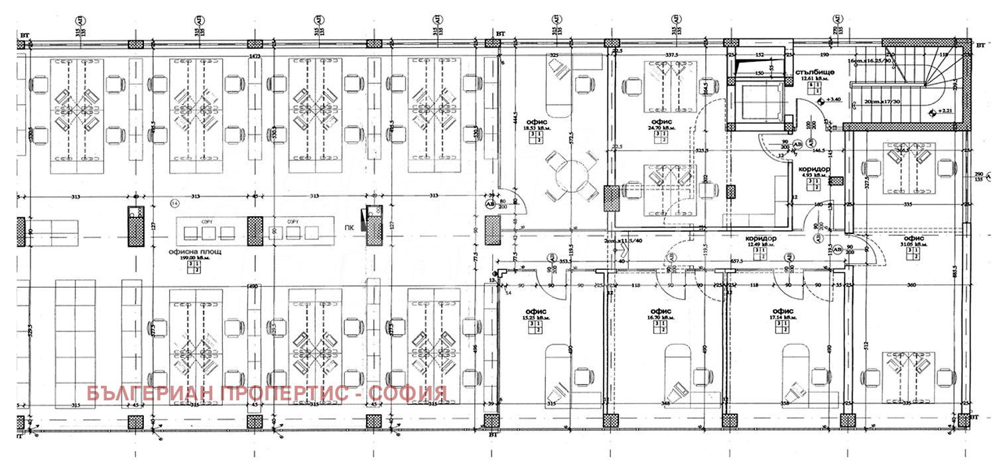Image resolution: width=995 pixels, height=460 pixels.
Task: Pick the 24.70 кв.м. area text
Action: [661, 128]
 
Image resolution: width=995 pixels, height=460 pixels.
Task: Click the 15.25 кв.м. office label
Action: [534, 318]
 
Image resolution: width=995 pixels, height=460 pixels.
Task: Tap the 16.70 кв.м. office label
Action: [660, 318]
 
